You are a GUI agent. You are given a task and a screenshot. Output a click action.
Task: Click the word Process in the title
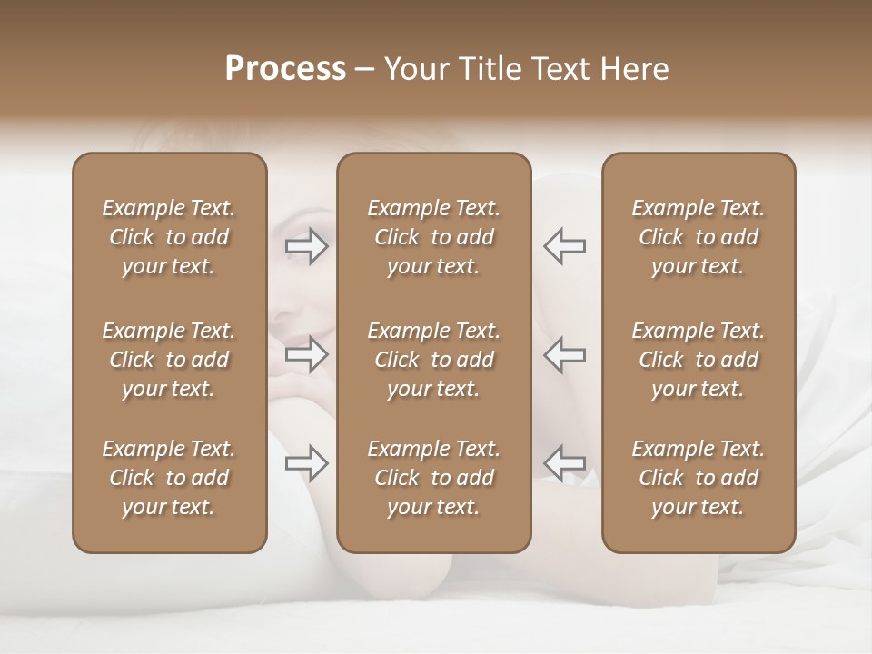[x=285, y=68]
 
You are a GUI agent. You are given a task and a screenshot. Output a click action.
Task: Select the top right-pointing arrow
[x=307, y=246]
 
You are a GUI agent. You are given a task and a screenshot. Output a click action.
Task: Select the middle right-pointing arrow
[x=307, y=354]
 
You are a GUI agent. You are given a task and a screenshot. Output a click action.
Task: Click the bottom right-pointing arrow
[x=307, y=463]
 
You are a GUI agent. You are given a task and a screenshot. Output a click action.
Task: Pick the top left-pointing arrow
[x=565, y=246]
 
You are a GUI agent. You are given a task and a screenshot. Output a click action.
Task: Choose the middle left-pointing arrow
[x=565, y=354]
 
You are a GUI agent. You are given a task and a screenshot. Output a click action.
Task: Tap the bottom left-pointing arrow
[x=565, y=463]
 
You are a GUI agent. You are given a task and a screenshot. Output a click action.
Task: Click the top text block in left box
[x=169, y=237]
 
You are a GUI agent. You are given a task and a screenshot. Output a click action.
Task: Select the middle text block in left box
[x=169, y=360]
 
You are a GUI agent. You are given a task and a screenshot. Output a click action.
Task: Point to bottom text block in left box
[x=169, y=478]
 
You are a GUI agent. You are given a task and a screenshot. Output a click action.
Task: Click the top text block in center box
[x=433, y=237]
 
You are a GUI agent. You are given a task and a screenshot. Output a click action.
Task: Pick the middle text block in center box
[x=433, y=360]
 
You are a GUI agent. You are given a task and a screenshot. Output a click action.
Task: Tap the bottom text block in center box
[x=433, y=478]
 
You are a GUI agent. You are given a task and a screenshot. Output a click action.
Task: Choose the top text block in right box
[x=698, y=237]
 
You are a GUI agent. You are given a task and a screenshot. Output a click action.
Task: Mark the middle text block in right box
[x=698, y=360]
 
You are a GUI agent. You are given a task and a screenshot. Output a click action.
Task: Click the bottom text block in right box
[x=698, y=478]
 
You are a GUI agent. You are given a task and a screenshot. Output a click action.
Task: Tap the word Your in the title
[x=417, y=68]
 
